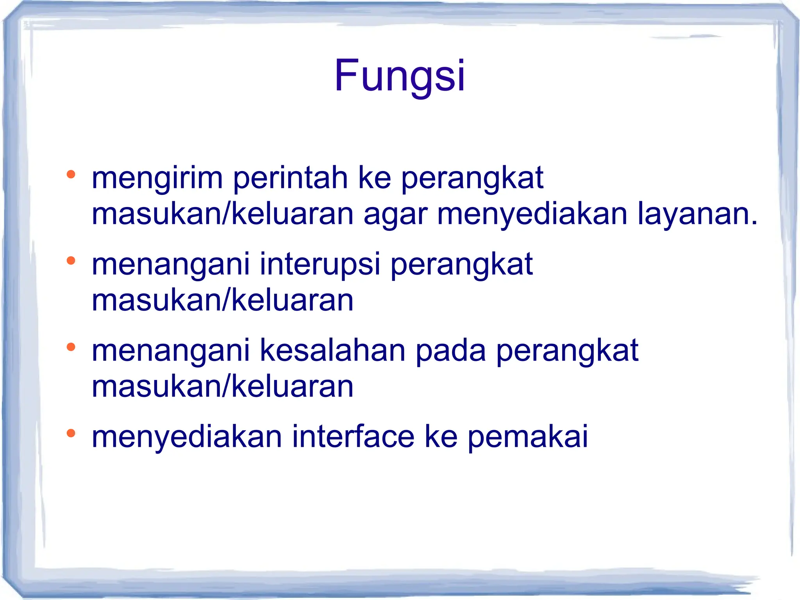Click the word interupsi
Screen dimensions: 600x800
tap(320, 264)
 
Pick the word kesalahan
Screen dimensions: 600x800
tap(332, 350)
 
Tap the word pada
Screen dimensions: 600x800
tap(450, 350)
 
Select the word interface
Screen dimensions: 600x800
tap(353, 437)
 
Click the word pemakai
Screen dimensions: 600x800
tap(527, 437)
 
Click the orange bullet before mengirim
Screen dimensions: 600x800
tap(71, 174)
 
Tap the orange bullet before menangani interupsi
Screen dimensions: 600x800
tap(71, 261)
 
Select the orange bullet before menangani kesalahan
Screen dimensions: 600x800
tap(71, 347)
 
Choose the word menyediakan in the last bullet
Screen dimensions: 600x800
tap(187, 437)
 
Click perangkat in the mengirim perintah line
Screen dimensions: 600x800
tap(472, 178)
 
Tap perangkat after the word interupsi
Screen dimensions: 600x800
tap(462, 264)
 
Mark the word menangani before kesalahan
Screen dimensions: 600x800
tap(171, 350)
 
